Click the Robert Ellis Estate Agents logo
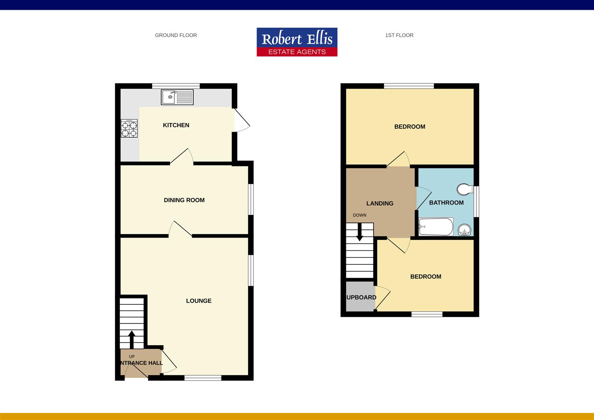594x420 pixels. pyautogui.click(x=297, y=42)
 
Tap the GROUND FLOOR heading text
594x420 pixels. pyautogui.click(x=176, y=35)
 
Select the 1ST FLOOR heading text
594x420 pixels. pyautogui.click(x=399, y=35)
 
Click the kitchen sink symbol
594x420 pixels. pyautogui.click(x=177, y=97)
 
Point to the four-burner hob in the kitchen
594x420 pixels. pyautogui.click(x=129, y=129)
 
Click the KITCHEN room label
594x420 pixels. pyautogui.click(x=176, y=125)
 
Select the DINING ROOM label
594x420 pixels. pyautogui.click(x=184, y=200)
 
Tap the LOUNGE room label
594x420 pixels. pyautogui.click(x=199, y=301)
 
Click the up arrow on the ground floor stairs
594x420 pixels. pyautogui.click(x=132, y=339)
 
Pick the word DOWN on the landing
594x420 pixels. pyautogui.click(x=360, y=215)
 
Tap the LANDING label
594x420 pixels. pyautogui.click(x=380, y=203)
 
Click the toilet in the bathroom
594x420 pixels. pyautogui.click(x=464, y=189)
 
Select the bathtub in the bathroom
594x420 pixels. pyautogui.click(x=436, y=227)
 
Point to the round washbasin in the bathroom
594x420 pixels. pyautogui.click(x=464, y=230)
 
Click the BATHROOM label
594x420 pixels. pyautogui.click(x=446, y=203)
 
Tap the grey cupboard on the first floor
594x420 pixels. pyautogui.click(x=360, y=297)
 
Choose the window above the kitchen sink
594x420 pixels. pyautogui.click(x=176, y=86)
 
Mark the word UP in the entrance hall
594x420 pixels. pyautogui.click(x=132, y=357)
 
